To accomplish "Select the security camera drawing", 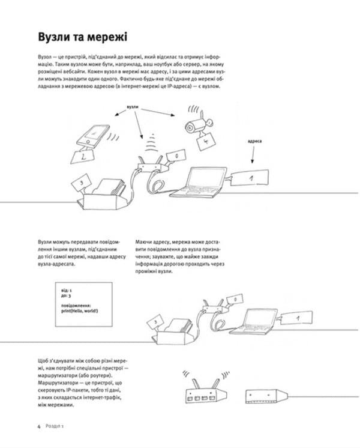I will (x=196, y=124).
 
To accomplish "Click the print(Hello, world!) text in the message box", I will (x=79, y=310).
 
